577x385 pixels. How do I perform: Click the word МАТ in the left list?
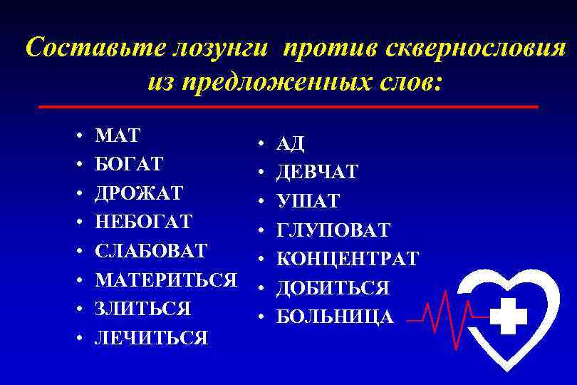(118, 135)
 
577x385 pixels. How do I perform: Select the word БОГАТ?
(129, 164)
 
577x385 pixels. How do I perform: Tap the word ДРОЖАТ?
(139, 193)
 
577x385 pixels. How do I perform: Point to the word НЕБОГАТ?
(143, 222)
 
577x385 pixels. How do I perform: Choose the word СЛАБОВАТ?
(151, 251)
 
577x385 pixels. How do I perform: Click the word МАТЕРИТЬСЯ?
(165, 280)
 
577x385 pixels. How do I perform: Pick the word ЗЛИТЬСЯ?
(142, 309)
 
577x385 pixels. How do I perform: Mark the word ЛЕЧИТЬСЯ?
(151, 338)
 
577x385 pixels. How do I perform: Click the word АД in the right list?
(291, 144)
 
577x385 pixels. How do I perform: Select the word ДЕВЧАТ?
(317, 173)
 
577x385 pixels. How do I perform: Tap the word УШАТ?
(308, 202)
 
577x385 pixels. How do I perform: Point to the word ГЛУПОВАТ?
(333, 230)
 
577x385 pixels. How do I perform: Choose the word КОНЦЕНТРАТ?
(347, 259)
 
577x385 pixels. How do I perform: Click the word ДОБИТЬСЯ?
(333, 288)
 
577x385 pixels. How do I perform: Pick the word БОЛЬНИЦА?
(334, 317)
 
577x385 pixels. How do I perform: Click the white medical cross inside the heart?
(509, 316)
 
